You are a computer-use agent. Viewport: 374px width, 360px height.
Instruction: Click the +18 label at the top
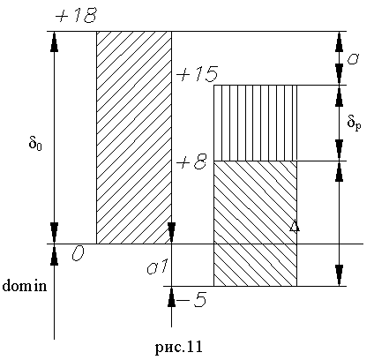[x=76, y=15]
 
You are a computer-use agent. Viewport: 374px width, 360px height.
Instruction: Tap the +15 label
[x=197, y=74]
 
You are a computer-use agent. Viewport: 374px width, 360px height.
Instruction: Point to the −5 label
[x=192, y=300]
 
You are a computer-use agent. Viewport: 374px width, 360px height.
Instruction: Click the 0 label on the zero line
[x=78, y=253]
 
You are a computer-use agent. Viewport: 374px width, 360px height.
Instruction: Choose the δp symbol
[x=354, y=122]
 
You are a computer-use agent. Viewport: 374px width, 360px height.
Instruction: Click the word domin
[x=25, y=285]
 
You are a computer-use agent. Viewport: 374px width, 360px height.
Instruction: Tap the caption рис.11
[x=179, y=347]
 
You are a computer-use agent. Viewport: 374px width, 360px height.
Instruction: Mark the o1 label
[x=157, y=267]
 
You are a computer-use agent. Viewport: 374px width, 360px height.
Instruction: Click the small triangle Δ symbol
[x=295, y=226]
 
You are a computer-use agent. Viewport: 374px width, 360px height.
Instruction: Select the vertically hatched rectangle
[x=255, y=123]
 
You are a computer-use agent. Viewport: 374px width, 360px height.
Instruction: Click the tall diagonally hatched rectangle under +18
[x=134, y=138]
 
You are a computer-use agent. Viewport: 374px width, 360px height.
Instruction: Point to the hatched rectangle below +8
[x=255, y=223]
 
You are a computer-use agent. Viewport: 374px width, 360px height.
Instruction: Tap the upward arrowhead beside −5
[x=171, y=297]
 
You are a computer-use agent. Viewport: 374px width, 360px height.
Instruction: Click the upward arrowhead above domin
[x=54, y=255]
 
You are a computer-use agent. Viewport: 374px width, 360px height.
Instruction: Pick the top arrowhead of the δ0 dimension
[x=54, y=41]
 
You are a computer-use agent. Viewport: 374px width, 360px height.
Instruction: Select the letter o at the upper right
[x=352, y=60]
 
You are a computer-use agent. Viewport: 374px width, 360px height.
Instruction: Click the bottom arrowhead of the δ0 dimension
[x=54, y=233]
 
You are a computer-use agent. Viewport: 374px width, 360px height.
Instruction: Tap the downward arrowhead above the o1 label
[x=172, y=233]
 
